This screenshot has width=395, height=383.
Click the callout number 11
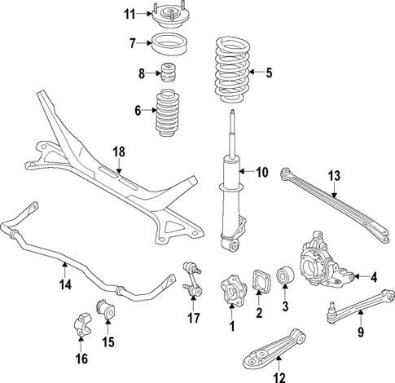(129, 14)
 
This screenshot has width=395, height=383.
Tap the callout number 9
(358, 332)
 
